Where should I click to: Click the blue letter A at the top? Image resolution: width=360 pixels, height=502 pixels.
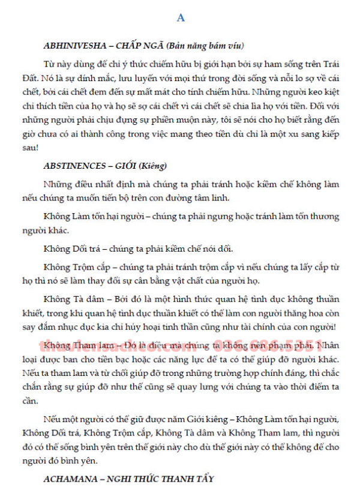[181, 19]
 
